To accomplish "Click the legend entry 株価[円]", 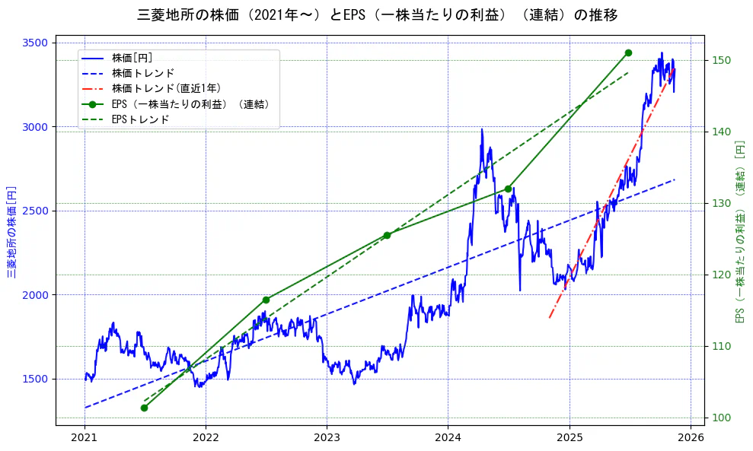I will tap(137, 58).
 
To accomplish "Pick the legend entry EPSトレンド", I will tap(140, 119).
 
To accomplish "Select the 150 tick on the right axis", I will tap(720, 60).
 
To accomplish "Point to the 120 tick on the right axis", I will tap(720, 275).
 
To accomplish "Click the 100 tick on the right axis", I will tap(720, 418).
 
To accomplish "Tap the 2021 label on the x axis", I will tap(84, 437).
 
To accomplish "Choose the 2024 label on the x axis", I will tap(448, 437).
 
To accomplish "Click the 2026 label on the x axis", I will tap(691, 437).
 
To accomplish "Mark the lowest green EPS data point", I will tap(144, 408).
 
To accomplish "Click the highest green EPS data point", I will tap(628, 52).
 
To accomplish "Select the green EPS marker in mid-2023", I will tap(387, 235).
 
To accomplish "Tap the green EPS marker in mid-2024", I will tap(508, 189).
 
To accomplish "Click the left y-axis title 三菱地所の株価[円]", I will tap(12, 231).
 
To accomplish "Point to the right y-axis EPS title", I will tap(739, 231).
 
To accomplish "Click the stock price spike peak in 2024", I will tap(482, 129).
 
